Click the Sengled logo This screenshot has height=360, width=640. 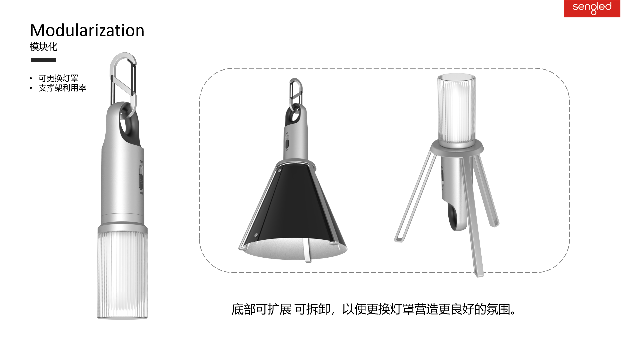(x=592, y=8)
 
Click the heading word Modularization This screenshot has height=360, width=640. (x=87, y=30)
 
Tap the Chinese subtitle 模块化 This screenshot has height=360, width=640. (x=43, y=47)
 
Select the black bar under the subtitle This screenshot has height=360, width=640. (x=44, y=60)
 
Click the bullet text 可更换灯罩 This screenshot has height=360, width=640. (x=58, y=78)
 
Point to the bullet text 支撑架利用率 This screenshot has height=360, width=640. (x=62, y=88)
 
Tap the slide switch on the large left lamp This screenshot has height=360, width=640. (x=141, y=182)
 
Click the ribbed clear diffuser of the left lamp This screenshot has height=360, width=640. (x=122, y=273)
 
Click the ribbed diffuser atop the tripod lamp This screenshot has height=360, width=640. (x=456, y=110)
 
